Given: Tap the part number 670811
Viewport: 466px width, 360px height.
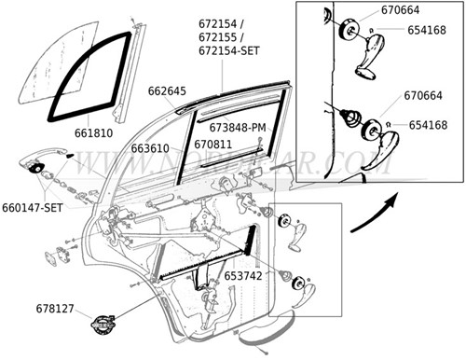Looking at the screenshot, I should [212, 145].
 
